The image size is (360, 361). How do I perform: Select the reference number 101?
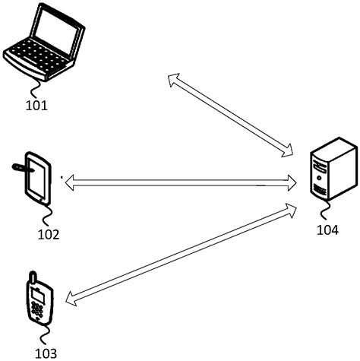[36, 105]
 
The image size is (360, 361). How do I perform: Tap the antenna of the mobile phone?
[31, 276]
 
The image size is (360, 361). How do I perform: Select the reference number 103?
[45, 353]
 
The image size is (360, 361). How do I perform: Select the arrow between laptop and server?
[232, 114]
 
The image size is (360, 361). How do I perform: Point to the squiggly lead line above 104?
[329, 211]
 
